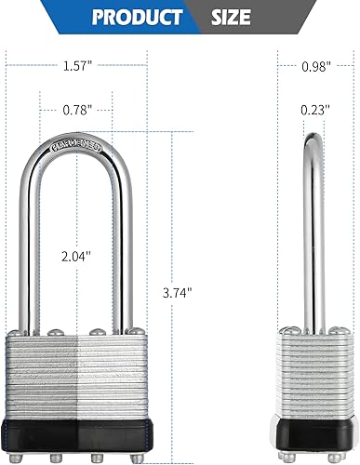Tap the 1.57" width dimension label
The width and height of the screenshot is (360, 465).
click(77, 66)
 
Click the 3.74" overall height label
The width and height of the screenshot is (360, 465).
click(176, 292)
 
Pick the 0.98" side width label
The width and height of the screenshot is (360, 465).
click(318, 66)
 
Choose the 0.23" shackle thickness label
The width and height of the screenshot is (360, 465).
click(317, 111)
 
